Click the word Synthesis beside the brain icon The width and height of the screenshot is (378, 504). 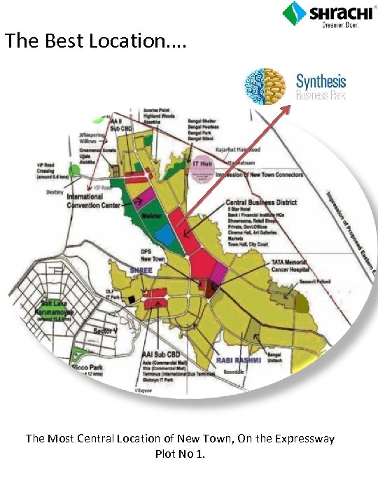click(x=321, y=81)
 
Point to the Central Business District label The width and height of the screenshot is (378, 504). click(x=261, y=202)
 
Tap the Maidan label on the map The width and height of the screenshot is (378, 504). click(x=150, y=216)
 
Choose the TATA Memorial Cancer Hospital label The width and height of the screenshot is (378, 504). click(x=292, y=265)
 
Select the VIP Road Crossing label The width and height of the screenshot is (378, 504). click(x=53, y=169)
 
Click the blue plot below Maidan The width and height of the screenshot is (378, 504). click(x=165, y=236)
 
